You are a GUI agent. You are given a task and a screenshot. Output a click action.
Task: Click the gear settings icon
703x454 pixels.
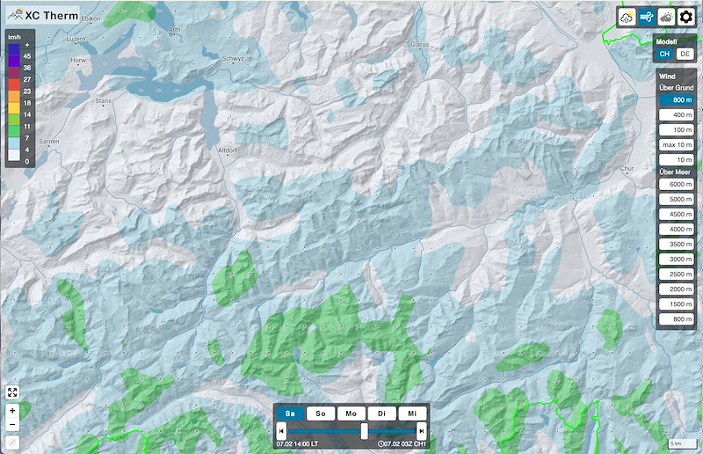click(685, 17)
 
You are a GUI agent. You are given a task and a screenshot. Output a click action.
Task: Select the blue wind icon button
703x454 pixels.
click(648, 17)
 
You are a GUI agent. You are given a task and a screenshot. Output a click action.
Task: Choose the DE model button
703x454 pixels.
click(685, 55)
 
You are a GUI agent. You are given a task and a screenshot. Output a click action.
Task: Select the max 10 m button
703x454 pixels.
click(678, 144)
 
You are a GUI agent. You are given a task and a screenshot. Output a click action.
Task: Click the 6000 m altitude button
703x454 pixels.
click(678, 184)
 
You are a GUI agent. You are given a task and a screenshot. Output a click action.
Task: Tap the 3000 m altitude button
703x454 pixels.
click(678, 259)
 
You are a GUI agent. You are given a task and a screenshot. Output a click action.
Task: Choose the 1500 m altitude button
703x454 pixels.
click(678, 304)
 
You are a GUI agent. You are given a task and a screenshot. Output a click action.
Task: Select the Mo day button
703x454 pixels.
click(351, 414)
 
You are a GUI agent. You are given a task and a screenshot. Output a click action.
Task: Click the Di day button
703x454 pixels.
click(380, 414)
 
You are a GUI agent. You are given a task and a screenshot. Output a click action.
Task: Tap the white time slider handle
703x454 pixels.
click(365, 430)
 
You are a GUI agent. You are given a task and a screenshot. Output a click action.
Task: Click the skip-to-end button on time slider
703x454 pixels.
click(422, 430)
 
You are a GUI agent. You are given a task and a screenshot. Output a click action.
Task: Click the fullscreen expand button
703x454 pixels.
click(12, 392)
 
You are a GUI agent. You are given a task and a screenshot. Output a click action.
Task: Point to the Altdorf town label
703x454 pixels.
click(227, 150)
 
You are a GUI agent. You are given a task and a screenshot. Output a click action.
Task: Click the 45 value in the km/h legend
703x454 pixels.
click(27, 55)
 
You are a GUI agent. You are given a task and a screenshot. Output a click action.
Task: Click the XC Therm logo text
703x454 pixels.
click(51, 15)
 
